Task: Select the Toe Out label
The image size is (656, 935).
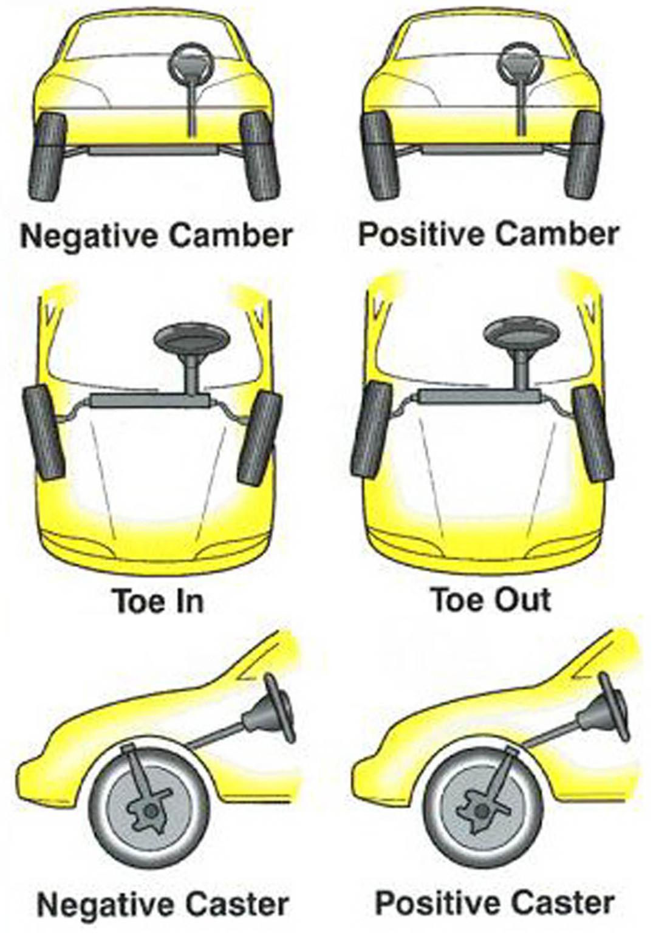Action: tap(490, 600)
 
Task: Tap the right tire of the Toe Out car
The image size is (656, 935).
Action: tap(593, 431)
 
